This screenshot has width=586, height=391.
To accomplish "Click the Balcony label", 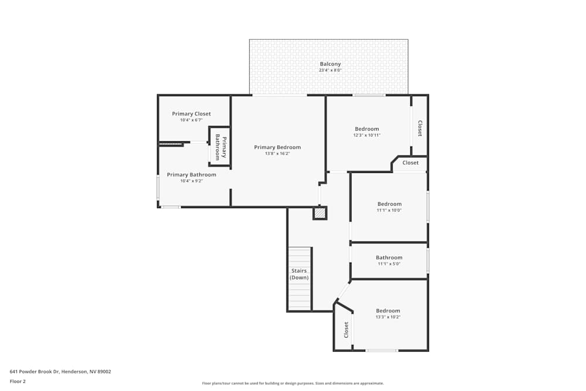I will point(330,64).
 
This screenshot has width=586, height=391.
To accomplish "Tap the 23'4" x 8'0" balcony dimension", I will point(330,70).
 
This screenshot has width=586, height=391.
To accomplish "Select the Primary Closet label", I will point(191,114).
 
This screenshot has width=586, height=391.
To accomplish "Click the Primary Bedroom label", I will point(277,147).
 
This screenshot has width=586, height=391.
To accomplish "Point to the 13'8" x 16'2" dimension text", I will point(277,154).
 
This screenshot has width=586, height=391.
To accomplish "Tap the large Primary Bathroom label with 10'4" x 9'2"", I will point(191,175).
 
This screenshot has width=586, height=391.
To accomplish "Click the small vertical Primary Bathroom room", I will point(220,147).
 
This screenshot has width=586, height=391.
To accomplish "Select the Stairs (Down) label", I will point(299,274).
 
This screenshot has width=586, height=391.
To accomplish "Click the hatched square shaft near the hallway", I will point(319,213).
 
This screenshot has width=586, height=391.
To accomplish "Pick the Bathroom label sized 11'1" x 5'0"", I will point(389,257).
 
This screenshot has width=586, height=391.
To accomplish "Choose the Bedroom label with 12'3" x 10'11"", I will point(367,129).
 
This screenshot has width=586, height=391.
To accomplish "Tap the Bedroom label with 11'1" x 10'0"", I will point(389,204).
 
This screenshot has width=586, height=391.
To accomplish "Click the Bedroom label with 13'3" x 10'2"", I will point(387,311).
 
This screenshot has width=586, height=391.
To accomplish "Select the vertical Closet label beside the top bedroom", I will point(420,128).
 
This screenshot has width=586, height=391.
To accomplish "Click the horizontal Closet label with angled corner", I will point(410,163).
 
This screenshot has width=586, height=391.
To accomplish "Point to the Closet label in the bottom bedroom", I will point(346,329).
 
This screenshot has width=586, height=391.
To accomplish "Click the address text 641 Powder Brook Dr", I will point(60,371).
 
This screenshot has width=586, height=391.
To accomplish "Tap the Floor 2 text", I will point(18,381).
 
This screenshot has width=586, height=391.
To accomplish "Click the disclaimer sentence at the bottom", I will point(292,383).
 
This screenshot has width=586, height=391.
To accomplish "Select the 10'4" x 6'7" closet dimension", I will point(191,120).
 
